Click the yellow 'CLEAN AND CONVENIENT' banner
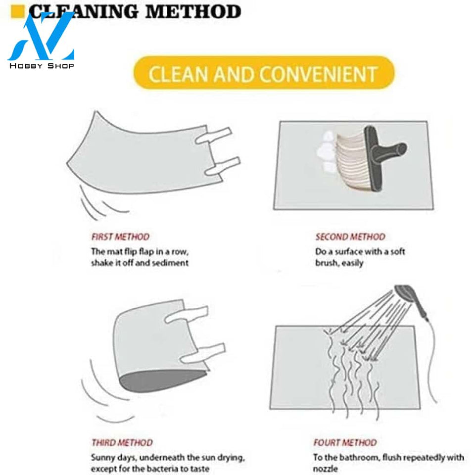point(264,73)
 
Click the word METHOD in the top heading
point(193,12)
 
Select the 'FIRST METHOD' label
point(120,237)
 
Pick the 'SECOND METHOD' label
point(350,237)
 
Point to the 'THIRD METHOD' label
point(122,442)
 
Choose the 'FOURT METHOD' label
point(345,442)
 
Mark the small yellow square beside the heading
point(17,11)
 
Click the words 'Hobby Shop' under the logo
point(42,66)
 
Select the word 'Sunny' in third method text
point(103,458)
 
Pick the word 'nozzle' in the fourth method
point(325,469)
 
